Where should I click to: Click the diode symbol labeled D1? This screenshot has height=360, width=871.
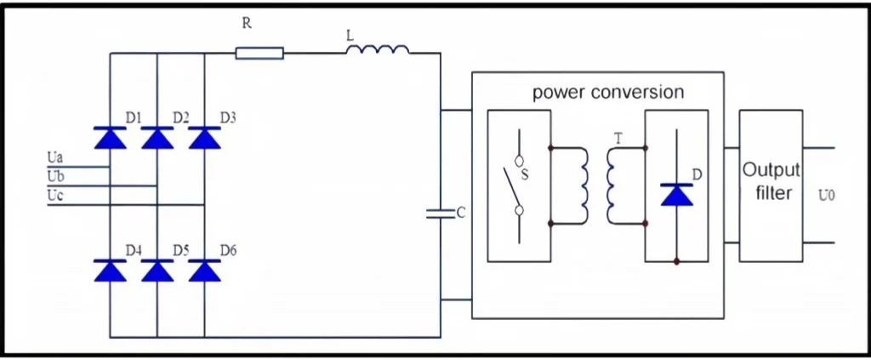tap(110, 138)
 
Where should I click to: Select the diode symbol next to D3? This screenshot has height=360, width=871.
tap(204, 138)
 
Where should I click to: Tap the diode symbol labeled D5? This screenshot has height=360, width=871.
tap(157, 270)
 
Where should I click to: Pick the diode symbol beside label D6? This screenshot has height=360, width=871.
tap(204, 270)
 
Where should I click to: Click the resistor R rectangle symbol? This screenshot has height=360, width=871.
tap(259, 54)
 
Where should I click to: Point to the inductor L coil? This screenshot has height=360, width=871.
tap(378, 50)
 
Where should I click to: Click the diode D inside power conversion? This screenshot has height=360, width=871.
tap(676, 194)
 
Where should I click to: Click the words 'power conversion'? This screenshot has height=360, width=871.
tap(608, 92)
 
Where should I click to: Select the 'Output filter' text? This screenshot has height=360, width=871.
tap(771, 181)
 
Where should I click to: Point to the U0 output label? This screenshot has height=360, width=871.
tap(827, 196)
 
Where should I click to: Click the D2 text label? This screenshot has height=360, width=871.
tap(181, 117)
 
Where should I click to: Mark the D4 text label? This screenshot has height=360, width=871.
tap(134, 250)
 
